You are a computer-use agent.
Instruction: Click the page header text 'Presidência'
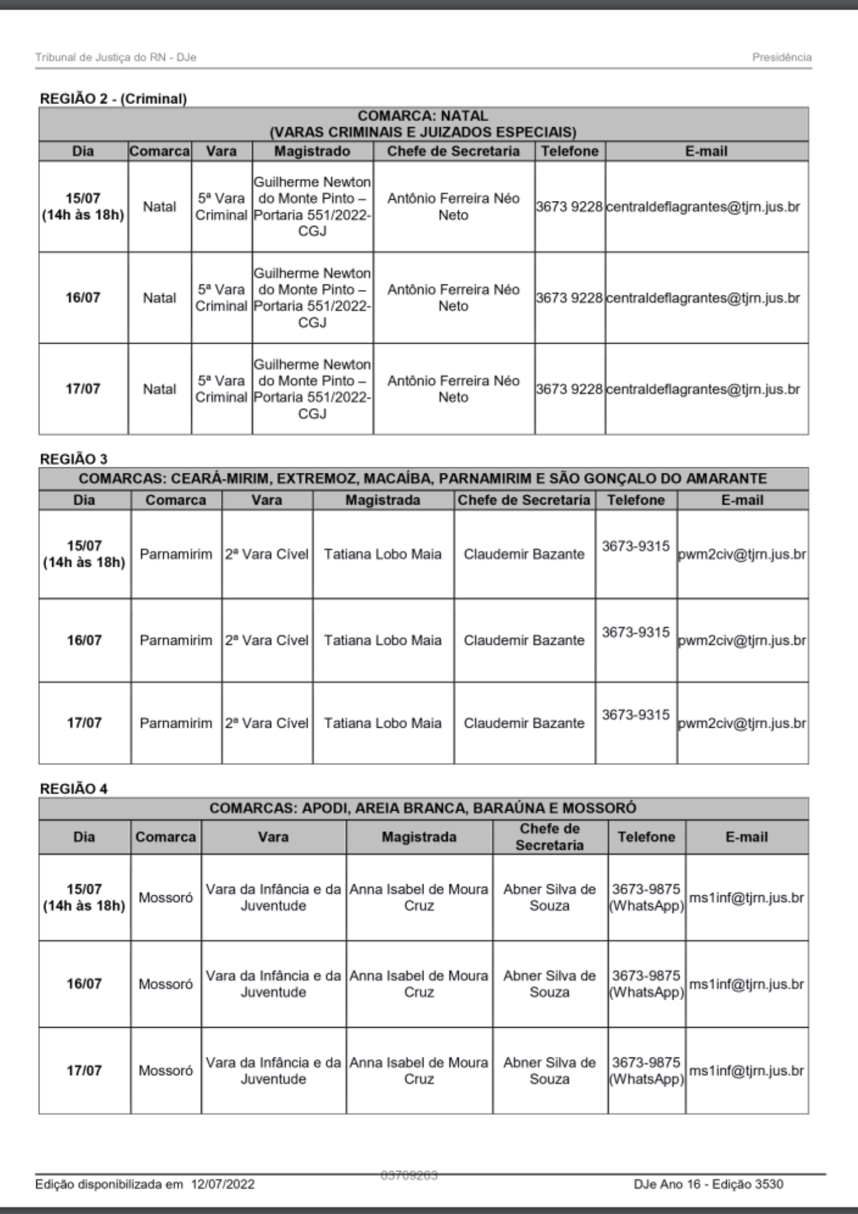[x=782, y=58]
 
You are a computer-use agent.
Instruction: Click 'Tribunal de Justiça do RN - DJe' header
[x=115, y=58]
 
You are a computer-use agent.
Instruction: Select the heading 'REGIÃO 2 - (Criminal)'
[x=113, y=98]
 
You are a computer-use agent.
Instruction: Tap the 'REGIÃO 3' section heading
[x=73, y=459]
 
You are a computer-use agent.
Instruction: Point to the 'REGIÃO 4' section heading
[x=73, y=788]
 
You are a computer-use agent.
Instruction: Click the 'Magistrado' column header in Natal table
[x=312, y=151]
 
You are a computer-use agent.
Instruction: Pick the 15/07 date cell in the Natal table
[x=83, y=206]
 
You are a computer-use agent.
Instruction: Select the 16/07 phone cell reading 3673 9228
[x=569, y=298]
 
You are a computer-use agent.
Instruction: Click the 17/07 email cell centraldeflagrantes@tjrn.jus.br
[x=703, y=389]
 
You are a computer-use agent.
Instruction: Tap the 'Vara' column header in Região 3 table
[x=267, y=500]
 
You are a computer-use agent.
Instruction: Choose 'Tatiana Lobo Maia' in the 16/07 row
[x=383, y=640]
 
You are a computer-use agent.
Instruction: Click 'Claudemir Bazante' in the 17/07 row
[x=524, y=723]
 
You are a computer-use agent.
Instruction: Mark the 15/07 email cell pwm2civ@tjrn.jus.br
[x=742, y=554]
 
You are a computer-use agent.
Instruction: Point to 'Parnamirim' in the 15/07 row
[x=176, y=554]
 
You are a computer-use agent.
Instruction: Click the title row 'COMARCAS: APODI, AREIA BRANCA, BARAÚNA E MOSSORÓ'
[x=423, y=809]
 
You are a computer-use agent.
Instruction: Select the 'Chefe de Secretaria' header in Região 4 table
[x=549, y=836]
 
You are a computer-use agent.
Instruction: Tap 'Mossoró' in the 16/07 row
[x=166, y=984]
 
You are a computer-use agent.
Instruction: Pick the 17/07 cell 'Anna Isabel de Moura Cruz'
[x=419, y=1071]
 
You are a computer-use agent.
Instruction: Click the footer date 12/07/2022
[x=223, y=1184]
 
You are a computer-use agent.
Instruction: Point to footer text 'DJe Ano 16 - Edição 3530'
[x=708, y=1184]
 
